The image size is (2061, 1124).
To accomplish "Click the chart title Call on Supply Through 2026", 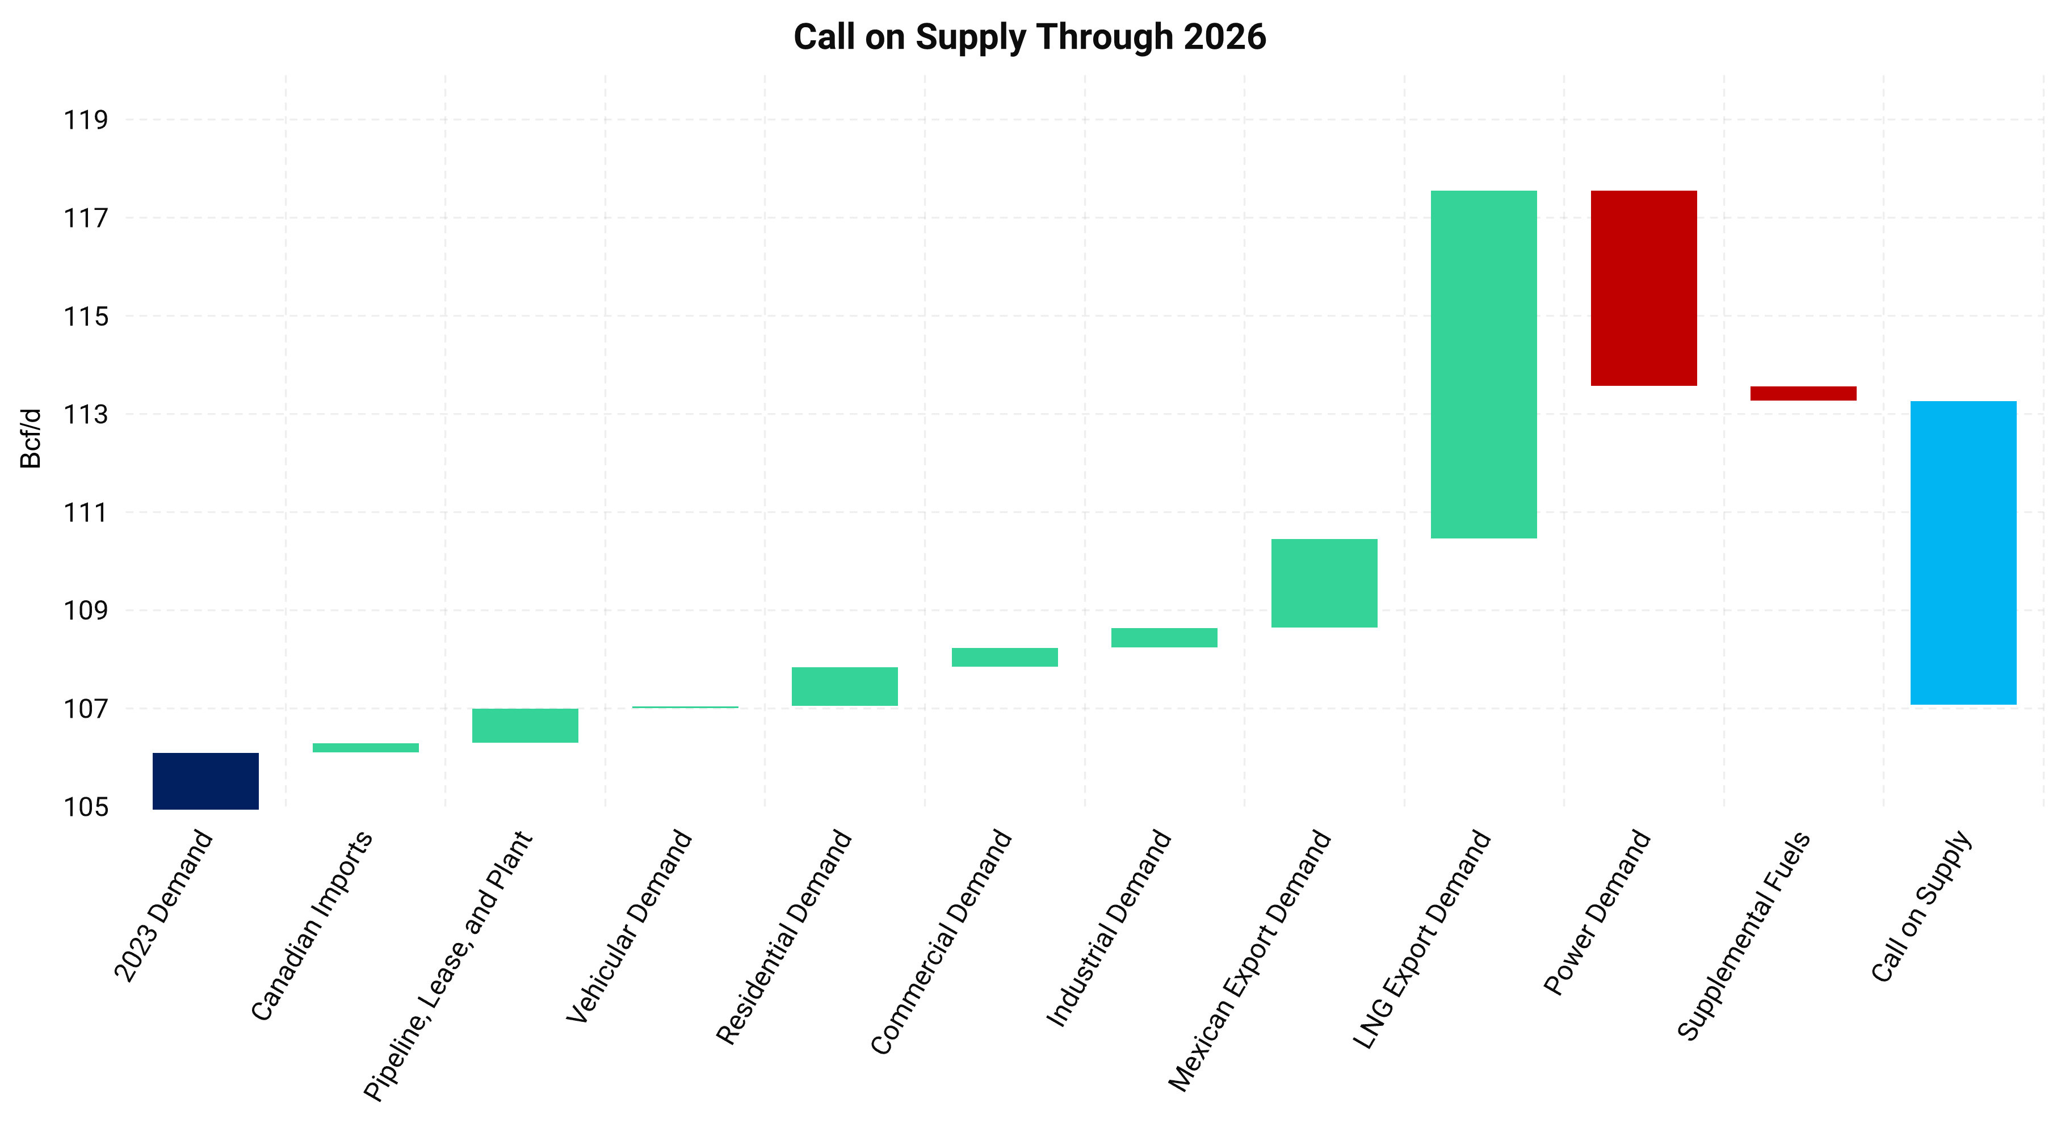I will click(1029, 37).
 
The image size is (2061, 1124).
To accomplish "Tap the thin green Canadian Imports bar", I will click(366, 747).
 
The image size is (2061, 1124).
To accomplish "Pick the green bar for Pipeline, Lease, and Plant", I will click(525, 726).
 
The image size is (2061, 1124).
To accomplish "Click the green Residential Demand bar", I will click(845, 687).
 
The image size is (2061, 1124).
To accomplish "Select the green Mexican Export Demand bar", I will click(1324, 583).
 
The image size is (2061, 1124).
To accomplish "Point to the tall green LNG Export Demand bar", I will click(1484, 364).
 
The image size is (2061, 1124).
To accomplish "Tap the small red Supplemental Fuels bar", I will click(1803, 394).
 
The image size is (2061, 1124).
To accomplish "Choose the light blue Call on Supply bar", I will click(1963, 553).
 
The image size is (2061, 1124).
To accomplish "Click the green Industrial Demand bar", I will click(1164, 638).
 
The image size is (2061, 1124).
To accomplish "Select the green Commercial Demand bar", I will click(1005, 657).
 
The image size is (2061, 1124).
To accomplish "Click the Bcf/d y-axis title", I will click(31, 439).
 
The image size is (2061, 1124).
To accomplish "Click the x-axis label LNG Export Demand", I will click(1422, 939).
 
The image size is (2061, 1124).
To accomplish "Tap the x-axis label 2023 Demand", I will click(164, 906).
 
